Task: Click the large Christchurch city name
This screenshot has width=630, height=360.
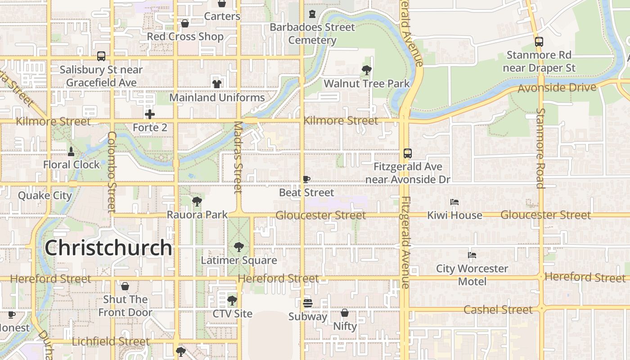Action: click(108, 248)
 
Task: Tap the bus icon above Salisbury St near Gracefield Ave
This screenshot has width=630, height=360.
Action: click(101, 56)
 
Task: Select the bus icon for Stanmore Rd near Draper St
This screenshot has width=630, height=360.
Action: click(539, 41)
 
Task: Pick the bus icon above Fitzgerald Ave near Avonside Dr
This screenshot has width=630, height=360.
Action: click(407, 153)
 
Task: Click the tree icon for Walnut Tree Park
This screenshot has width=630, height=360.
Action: click(366, 70)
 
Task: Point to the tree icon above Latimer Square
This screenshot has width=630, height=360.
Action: click(238, 247)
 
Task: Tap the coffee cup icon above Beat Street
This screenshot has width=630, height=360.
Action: click(306, 179)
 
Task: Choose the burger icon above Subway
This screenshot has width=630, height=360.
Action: click(307, 303)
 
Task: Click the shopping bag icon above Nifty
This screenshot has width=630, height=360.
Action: click(345, 312)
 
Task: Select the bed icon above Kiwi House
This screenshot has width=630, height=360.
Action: click(454, 202)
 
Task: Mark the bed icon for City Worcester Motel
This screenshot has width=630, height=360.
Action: click(472, 255)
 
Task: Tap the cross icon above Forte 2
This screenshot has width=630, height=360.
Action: click(150, 114)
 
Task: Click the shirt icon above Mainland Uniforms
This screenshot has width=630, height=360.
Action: click(217, 84)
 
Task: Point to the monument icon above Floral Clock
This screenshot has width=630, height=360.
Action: click(71, 151)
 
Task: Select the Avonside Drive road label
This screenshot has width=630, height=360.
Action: click(557, 87)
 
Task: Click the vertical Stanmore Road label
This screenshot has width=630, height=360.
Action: click(540, 148)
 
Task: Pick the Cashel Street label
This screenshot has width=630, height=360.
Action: click(498, 310)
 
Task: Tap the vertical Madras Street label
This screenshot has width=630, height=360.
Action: click(238, 157)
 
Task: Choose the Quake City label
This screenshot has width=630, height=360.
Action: click(45, 196)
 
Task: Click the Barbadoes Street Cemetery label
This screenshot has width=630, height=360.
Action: click(312, 34)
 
